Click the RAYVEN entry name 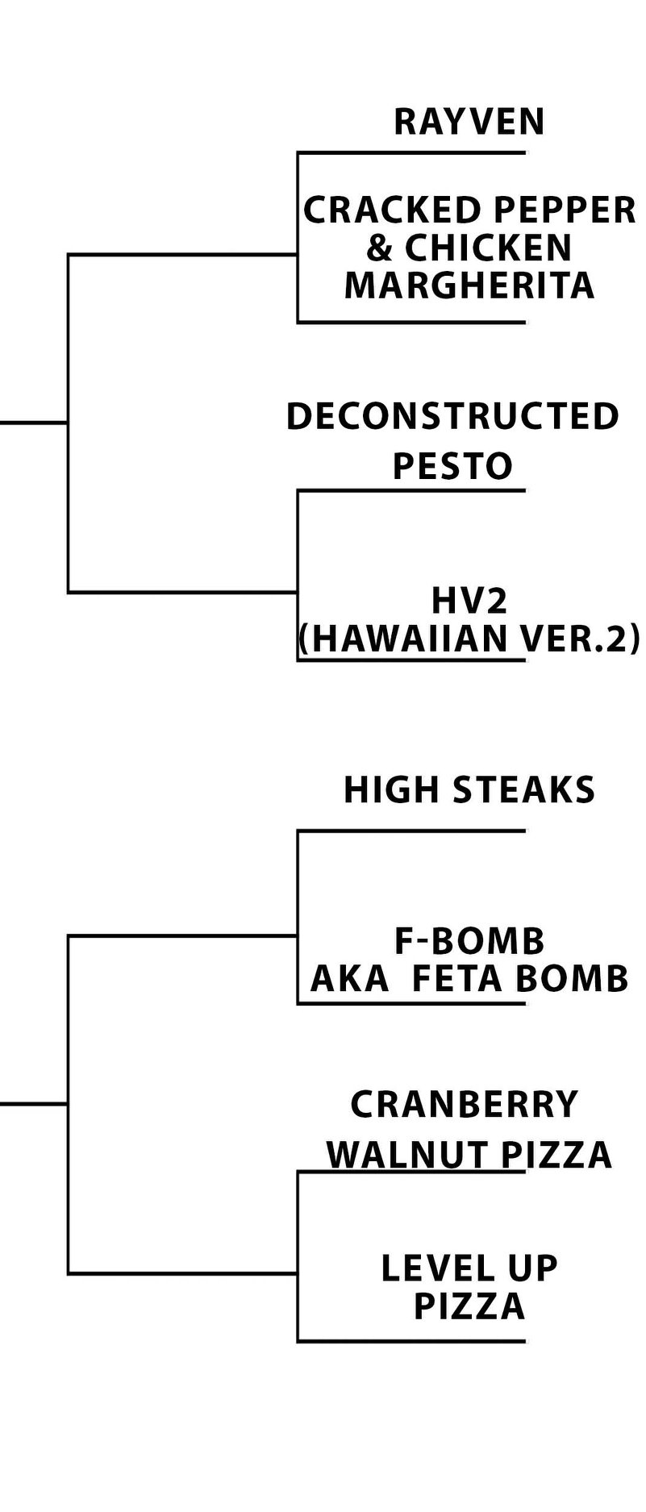pos(469,122)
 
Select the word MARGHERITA pos(469,286)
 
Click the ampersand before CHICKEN pos(379,248)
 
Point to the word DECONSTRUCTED pos(452,417)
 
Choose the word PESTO pos(452,466)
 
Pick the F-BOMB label pos(469,941)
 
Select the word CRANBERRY pos(465,1105)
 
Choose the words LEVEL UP pos(469,1268)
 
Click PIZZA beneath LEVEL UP pos(469,1306)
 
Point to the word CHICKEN pos(488,248)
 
